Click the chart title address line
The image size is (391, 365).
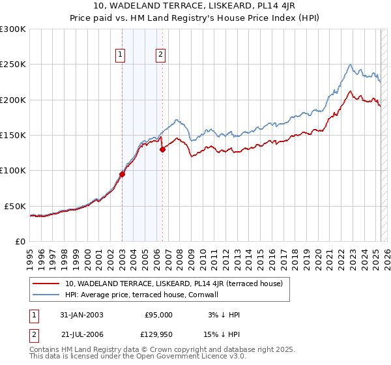195,7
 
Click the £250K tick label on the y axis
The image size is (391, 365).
13,65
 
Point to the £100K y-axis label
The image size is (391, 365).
13,170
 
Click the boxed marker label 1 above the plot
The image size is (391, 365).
122,55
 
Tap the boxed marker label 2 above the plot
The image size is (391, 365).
160,55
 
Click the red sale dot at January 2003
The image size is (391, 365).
122,174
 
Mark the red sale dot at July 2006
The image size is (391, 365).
162,149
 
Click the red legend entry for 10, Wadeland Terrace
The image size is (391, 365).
173,284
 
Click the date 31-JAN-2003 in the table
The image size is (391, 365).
81,315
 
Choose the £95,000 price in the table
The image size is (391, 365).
158,315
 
